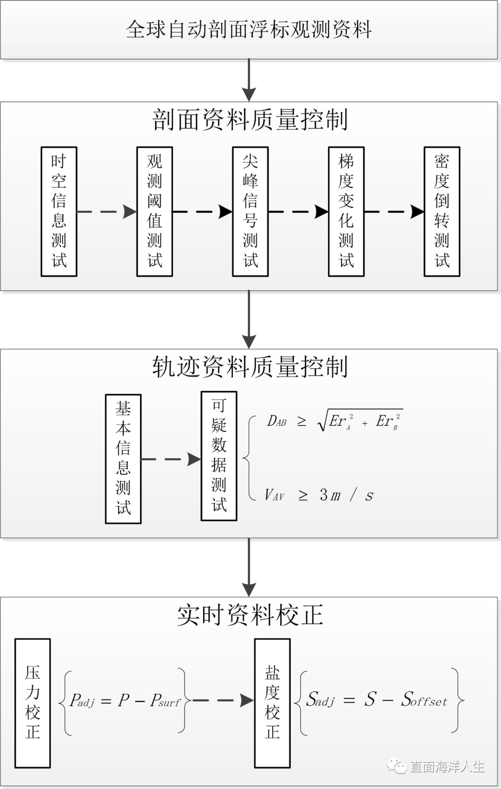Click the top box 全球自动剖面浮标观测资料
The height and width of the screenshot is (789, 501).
click(x=249, y=29)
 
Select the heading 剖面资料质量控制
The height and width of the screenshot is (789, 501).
click(x=250, y=120)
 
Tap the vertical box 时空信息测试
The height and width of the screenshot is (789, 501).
click(x=59, y=212)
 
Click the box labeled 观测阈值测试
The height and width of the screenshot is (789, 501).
click(x=154, y=212)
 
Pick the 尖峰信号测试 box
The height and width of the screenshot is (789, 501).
click(x=250, y=212)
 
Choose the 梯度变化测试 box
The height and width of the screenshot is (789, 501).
click(x=346, y=212)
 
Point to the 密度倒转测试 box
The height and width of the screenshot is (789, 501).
click(x=442, y=212)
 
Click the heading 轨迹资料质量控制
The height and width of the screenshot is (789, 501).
click(x=250, y=367)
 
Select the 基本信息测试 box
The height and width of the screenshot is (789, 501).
click(x=123, y=459)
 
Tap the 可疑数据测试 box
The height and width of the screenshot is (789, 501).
click(x=219, y=456)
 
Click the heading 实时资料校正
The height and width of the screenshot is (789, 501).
click(x=250, y=615)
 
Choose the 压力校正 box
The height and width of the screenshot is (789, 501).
click(x=32, y=703)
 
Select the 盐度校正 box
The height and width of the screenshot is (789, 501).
click(x=272, y=703)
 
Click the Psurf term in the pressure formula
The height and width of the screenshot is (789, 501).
click(x=165, y=700)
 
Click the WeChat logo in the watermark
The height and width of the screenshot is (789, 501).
click(x=397, y=766)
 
